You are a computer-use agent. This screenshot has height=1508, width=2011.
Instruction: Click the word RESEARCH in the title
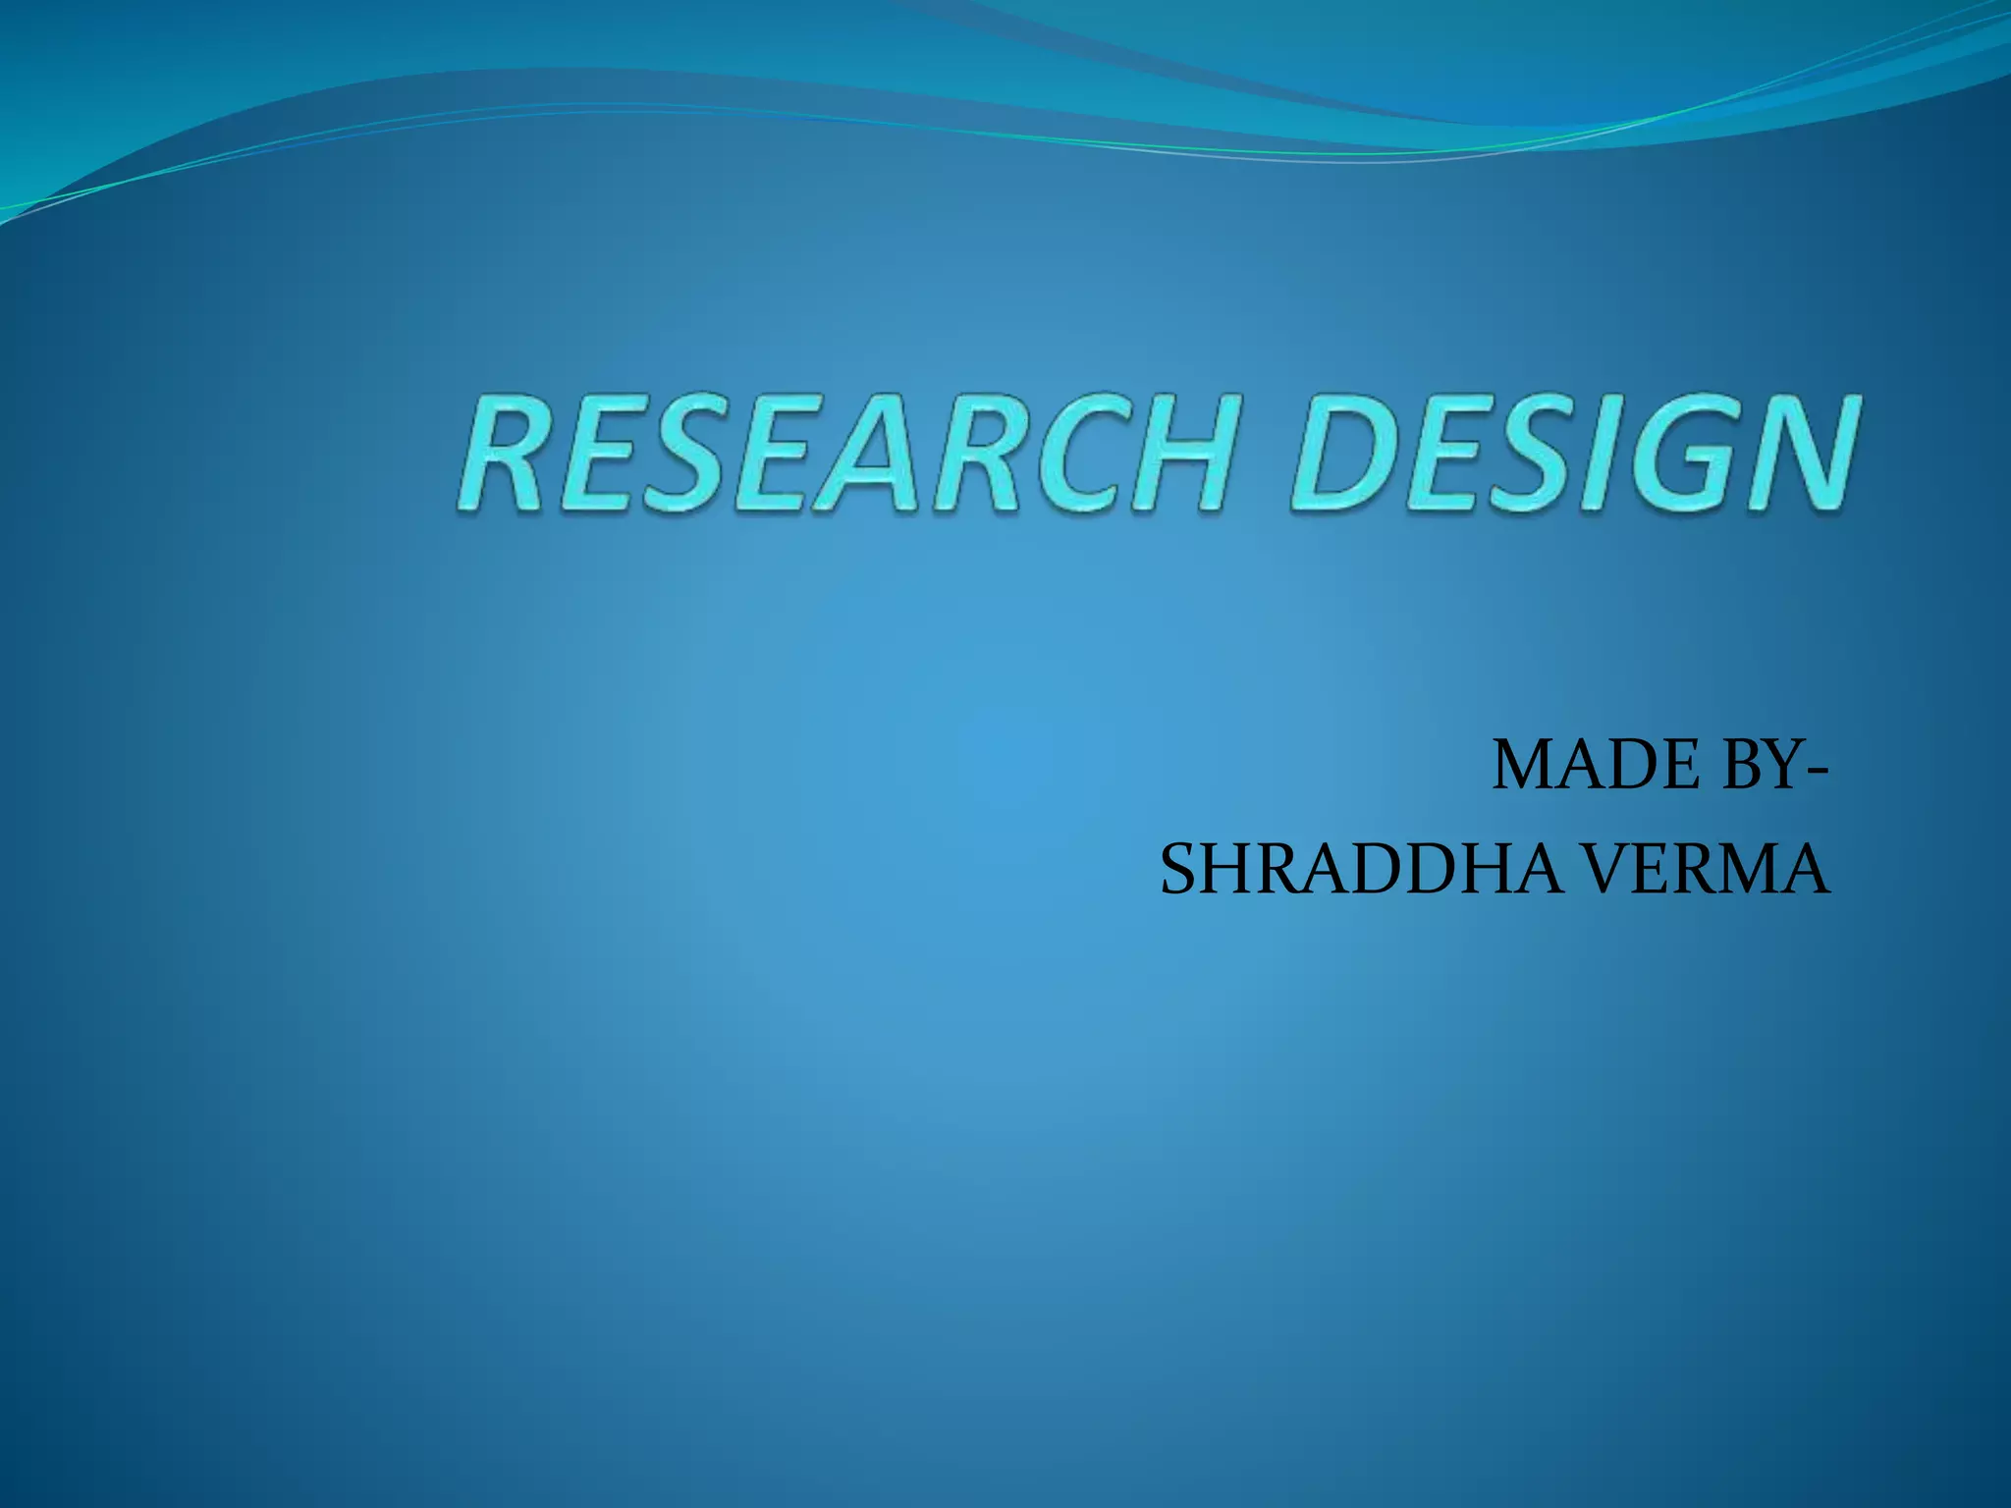pos(844,454)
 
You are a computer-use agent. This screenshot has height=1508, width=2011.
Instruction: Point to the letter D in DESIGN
pos(1355,454)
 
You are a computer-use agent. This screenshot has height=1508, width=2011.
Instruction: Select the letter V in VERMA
pos(1610,870)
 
